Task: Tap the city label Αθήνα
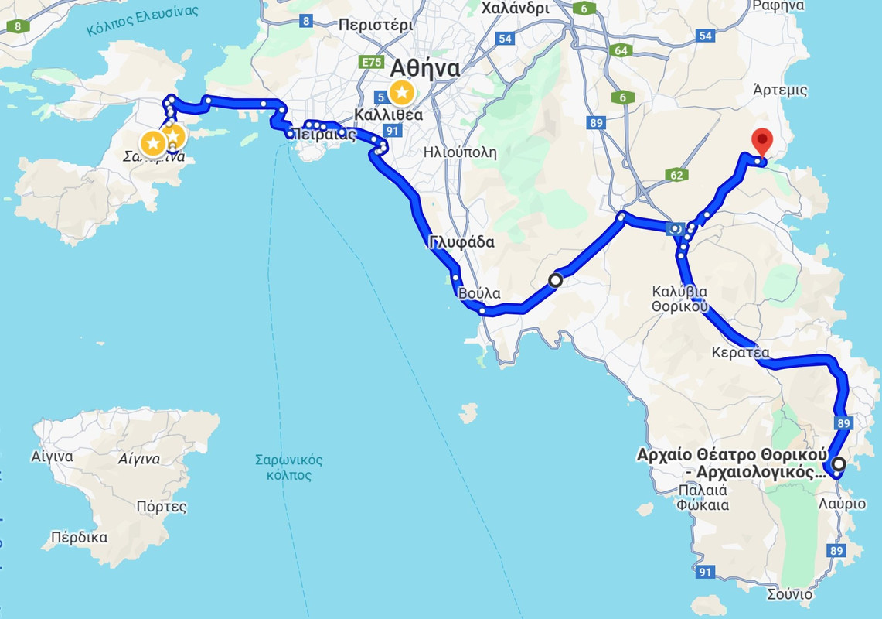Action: click(425, 68)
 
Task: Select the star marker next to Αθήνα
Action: click(401, 93)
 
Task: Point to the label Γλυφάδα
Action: click(461, 242)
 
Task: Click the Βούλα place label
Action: click(479, 294)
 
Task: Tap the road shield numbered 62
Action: click(676, 176)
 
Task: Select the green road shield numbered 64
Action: click(620, 50)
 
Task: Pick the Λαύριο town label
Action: click(842, 504)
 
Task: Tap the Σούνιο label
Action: click(789, 594)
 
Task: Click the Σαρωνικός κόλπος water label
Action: click(288, 467)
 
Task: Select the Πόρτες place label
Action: click(161, 508)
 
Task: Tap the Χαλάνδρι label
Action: click(514, 9)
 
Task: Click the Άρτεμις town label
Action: click(780, 90)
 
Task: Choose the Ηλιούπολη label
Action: click(460, 152)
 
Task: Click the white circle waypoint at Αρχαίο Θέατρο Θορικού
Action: click(838, 464)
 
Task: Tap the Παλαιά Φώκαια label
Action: click(702, 498)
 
